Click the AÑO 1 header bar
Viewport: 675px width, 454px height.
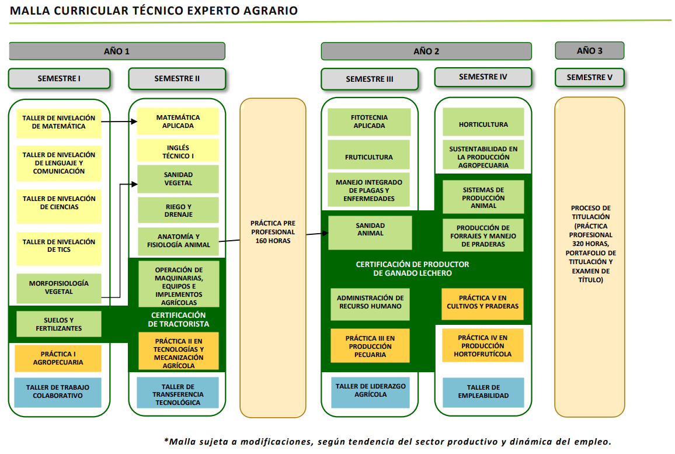coord(117,51)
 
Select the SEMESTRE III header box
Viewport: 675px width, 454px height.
coord(370,79)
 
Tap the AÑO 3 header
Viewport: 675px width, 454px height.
coord(589,50)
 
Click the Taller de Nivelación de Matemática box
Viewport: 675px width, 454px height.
coord(59,122)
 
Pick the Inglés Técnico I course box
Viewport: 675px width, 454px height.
coord(178,151)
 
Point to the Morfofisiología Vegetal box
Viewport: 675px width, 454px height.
coord(59,287)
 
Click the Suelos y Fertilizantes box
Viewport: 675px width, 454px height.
coord(59,324)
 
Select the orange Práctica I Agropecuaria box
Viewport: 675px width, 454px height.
coord(58,358)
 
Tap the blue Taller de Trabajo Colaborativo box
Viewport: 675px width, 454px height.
coord(58,392)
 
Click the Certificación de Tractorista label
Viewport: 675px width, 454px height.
coord(178,320)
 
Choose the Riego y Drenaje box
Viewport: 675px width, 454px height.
coord(178,210)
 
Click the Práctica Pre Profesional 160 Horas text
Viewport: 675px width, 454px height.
coord(273,232)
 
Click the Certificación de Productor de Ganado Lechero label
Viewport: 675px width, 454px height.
coord(412,269)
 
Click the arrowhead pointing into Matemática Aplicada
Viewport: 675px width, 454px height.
coord(134,122)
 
